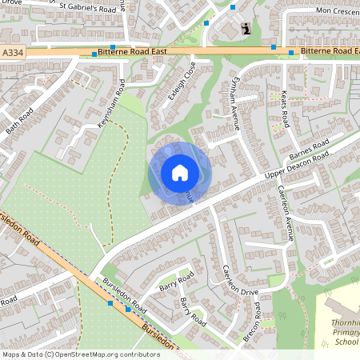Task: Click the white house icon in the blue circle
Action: tap(180, 173)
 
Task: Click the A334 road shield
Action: tap(11, 53)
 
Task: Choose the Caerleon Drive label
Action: tap(237, 280)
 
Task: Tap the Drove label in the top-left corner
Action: tap(11, 2)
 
